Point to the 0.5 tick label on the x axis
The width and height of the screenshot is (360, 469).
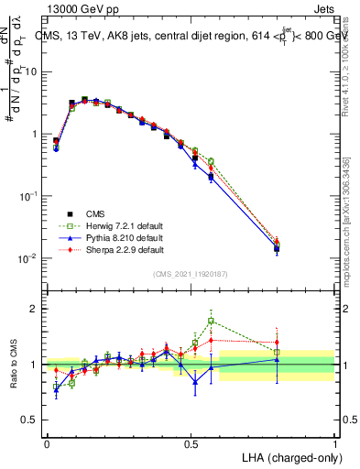(191, 443)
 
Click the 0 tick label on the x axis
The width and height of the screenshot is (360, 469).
(47, 443)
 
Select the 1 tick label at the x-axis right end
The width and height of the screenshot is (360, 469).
(334, 443)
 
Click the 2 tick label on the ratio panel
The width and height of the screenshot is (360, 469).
(34, 309)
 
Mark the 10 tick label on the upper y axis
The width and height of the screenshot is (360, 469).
(31, 71)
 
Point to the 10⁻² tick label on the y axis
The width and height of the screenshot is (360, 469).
(28, 258)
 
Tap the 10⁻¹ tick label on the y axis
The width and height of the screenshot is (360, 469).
(28, 196)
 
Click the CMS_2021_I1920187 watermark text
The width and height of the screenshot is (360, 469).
(191, 274)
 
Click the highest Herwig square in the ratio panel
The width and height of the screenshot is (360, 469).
(212, 321)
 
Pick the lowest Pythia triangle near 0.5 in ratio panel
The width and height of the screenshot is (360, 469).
(194, 382)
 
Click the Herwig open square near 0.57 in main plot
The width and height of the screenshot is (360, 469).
(212, 161)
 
